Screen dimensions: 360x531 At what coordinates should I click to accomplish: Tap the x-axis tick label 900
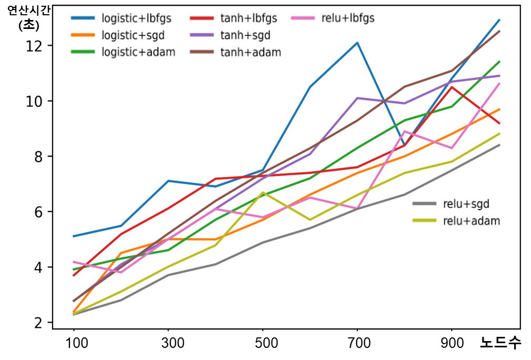[x=452, y=344]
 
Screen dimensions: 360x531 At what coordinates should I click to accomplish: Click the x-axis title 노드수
[x=500, y=343]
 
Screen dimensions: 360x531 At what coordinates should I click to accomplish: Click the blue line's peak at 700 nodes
[x=357, y=43]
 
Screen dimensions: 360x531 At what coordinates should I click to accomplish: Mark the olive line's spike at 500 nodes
[x=263, y=193]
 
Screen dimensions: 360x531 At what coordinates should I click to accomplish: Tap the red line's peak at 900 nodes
[x=452, y=87]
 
